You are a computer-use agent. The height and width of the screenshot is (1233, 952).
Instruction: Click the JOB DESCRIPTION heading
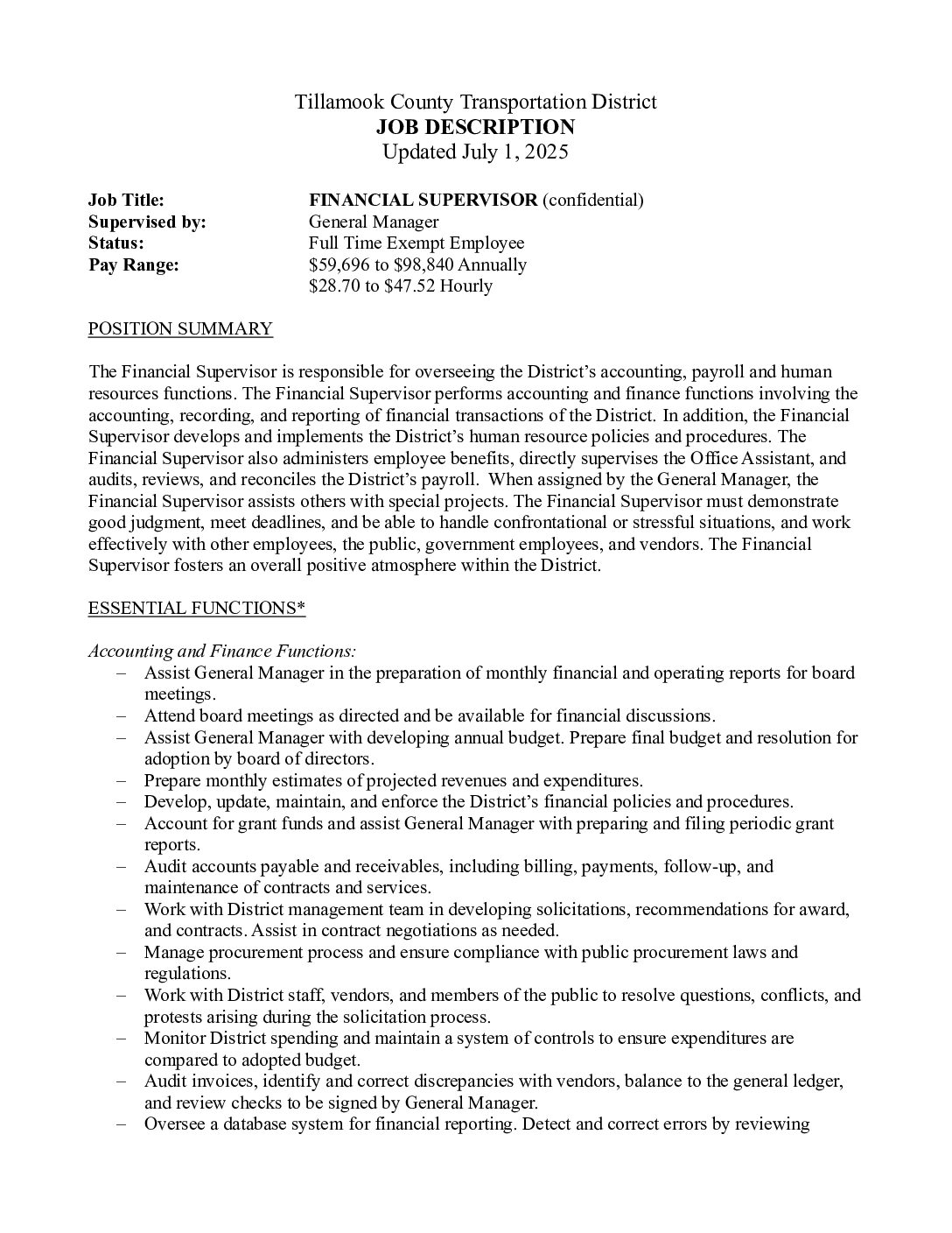point(475,127)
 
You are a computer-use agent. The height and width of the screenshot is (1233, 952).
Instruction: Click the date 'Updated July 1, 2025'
point(475,152)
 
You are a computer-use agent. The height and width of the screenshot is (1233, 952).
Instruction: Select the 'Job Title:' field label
point(126,201)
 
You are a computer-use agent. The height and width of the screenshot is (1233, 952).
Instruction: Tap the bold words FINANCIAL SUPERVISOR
point(423,201)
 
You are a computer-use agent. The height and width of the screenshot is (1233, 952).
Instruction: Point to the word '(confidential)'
point(593,201)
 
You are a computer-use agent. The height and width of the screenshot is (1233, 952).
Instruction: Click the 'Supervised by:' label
point(147,222)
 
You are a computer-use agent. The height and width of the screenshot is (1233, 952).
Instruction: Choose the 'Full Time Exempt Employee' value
point(416,243)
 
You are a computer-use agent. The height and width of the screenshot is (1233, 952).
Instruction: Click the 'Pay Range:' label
point(133,264)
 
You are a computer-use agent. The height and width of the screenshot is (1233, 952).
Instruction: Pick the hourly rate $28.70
point(333,286)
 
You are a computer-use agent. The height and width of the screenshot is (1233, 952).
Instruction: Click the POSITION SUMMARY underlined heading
point(180,329)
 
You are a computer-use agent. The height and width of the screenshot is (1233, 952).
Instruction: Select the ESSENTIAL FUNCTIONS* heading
point(197,609)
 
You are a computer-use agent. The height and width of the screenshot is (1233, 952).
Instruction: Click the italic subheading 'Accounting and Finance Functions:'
point(222,652)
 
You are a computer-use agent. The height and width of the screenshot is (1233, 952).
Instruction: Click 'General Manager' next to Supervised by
point(374,222)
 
